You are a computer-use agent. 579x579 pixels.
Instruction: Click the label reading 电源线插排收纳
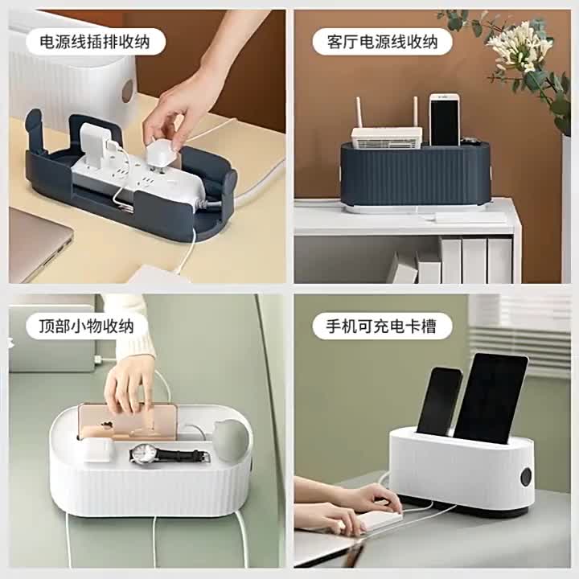tap(95, 41)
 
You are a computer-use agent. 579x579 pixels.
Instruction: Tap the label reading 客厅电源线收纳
tap(382, 41)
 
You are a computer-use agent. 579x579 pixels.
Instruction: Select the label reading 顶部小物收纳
tap(87, 326)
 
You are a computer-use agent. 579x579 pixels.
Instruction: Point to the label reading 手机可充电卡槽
tap(381, 326)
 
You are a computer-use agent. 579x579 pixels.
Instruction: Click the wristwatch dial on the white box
tap(143, 454)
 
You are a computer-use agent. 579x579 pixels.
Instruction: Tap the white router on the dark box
tap(386, 138)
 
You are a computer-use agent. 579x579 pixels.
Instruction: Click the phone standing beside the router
tap(445, 120)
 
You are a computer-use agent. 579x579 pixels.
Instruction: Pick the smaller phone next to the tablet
tap(439, 401)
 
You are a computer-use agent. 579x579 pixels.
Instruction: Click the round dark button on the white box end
tap(526, 477)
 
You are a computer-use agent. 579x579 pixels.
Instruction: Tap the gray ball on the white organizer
tap(231, 440)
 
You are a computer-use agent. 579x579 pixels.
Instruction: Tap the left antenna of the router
tap(358, 113)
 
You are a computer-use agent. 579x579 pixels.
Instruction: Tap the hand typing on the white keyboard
tap(369, 499)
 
